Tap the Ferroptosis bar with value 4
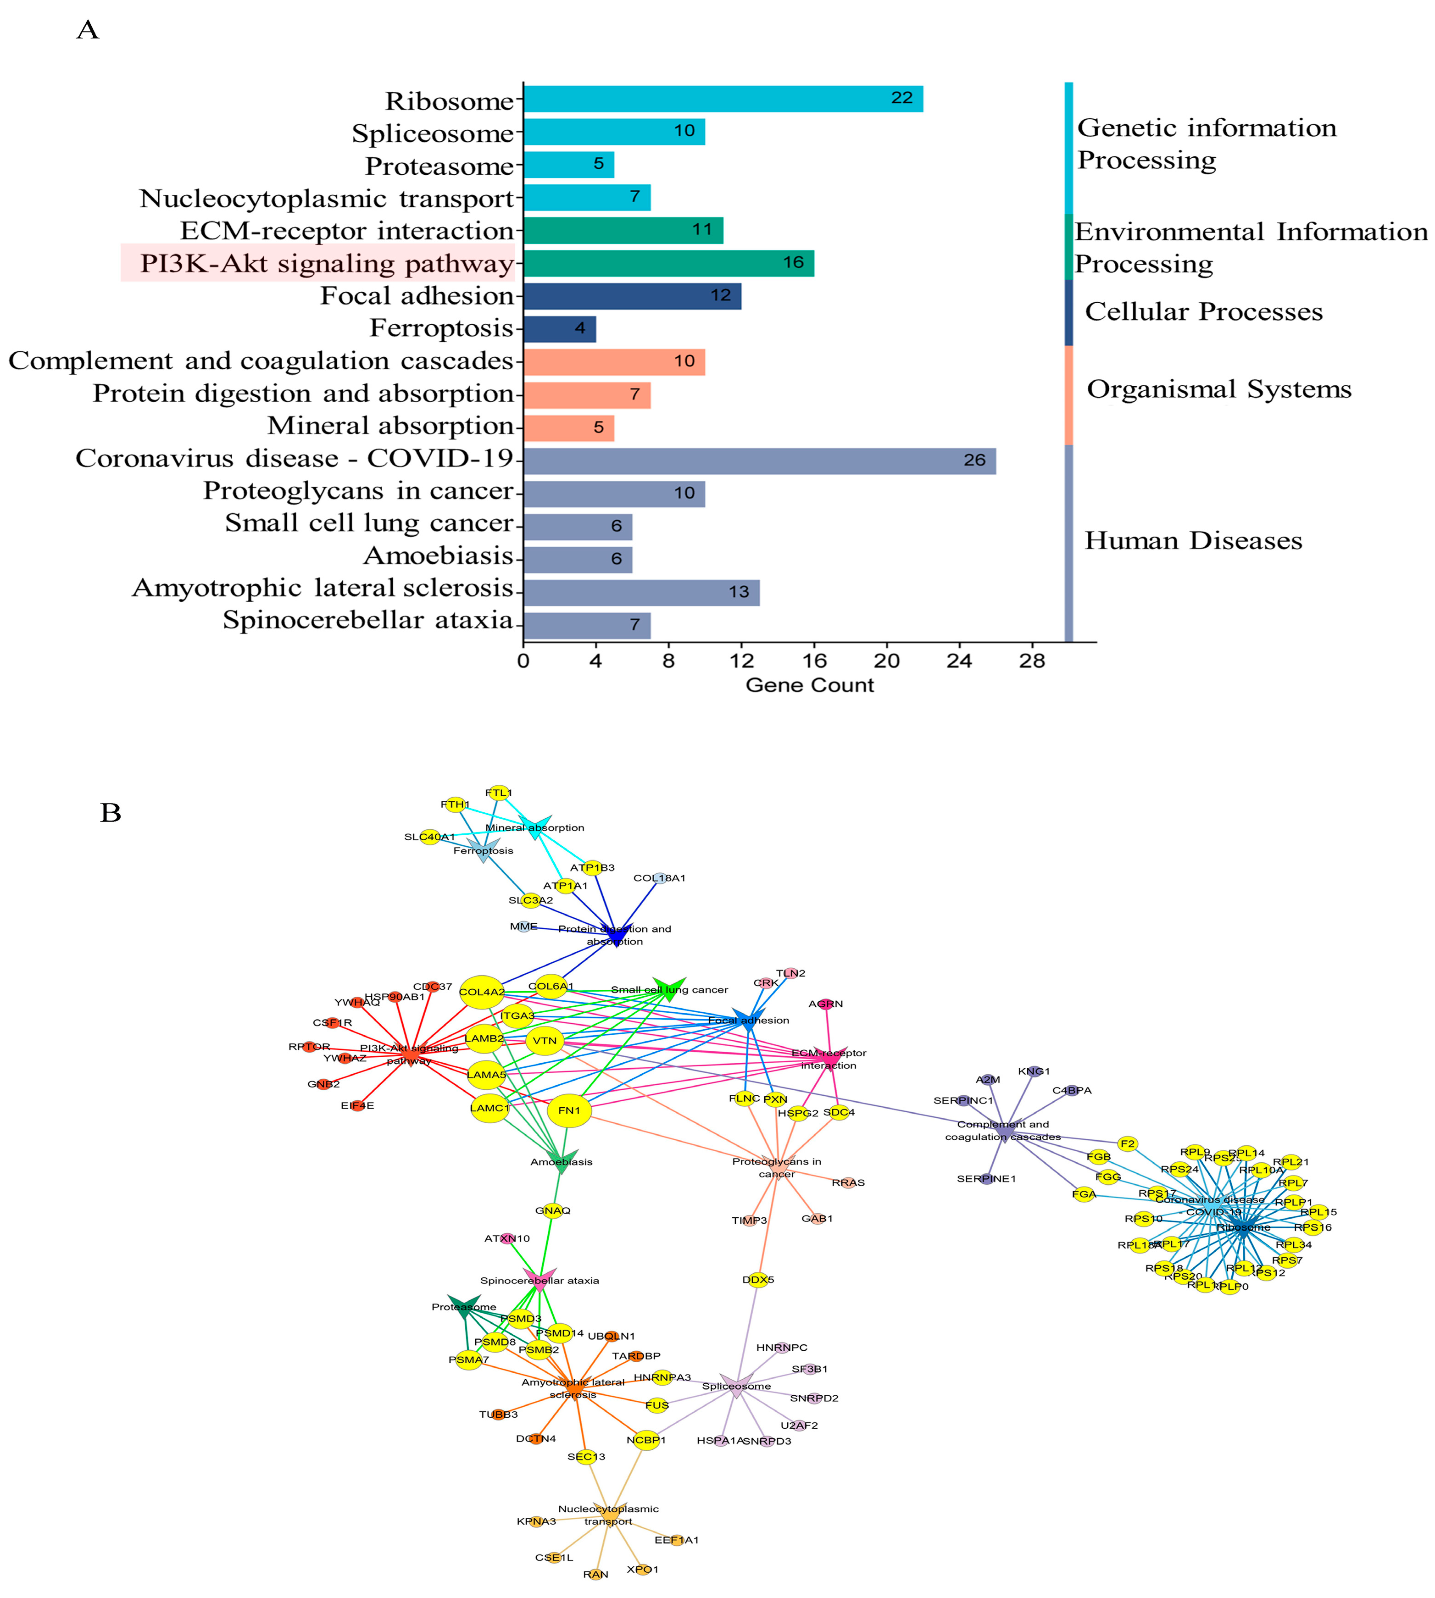tap(560, 329)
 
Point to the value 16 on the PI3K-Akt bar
tap(793, 262)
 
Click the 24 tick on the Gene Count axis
tap(959, 660)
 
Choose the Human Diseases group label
tap(1193, 541)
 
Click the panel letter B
tap(111, 813)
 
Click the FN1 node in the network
tap(569, 1111)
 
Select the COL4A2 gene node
tap(482, 992)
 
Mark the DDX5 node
tap(758, 1280)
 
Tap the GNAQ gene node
tap(553, 1210)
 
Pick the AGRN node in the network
tap(825, 1004)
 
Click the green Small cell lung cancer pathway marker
tap(668, 988)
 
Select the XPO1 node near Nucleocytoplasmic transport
tap(643, 1569)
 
